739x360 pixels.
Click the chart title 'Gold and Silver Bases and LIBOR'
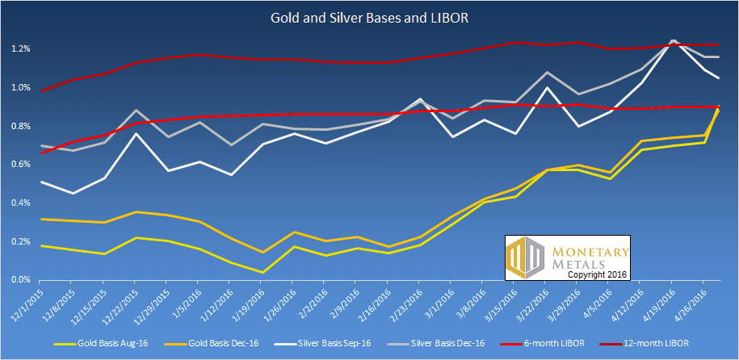point(370,17)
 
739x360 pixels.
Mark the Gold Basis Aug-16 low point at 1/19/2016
point(262,272)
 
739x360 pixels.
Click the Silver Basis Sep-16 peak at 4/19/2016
point(673,41)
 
